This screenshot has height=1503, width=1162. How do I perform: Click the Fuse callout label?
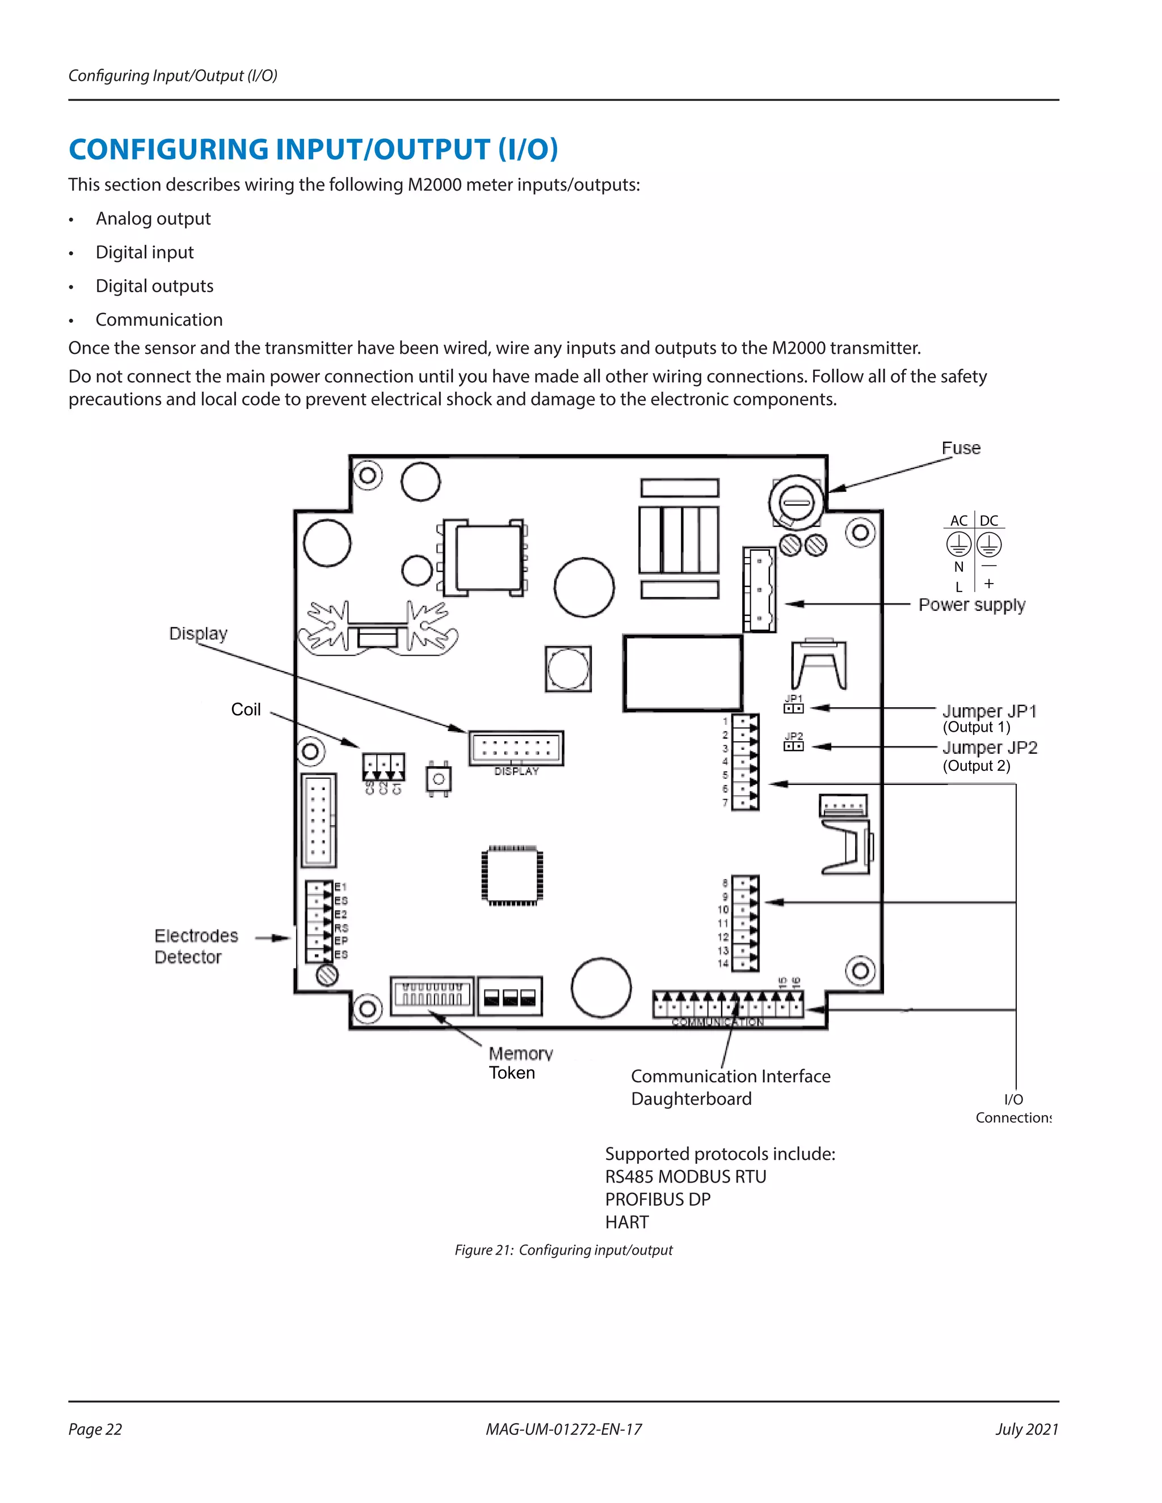click(x=961, y=448)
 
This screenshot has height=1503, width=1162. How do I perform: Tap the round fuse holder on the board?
click(x=797, y=503)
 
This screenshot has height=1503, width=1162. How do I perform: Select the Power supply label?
click(x=971, y=605)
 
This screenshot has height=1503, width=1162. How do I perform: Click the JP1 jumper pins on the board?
click(x=793, y=708)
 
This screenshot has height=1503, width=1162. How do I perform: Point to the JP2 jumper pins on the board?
click(x=793, y=746)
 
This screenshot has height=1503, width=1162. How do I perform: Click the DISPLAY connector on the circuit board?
click(x=516, y=748)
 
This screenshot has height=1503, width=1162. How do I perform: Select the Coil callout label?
click(x=246, y=710)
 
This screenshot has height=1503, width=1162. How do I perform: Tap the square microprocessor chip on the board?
click(x=512, y=875)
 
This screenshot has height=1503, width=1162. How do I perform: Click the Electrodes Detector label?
click(x=196, y=946)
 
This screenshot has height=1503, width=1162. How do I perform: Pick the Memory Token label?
click(x=520, y=1063)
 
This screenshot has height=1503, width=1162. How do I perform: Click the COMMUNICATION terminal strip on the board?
click(x=727, y=1007)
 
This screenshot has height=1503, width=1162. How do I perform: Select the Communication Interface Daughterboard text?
click(x=730, y=1087)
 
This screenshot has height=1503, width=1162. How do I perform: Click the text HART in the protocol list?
click(x=626, y=1222)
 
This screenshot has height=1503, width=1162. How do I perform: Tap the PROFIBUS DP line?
click(x=658, y=1200)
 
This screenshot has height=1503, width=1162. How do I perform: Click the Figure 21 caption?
click(x=563, y=1249)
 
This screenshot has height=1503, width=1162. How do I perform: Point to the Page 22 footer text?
click(x=95, y=1429)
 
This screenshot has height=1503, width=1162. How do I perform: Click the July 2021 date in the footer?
click(x=1026, y=1429)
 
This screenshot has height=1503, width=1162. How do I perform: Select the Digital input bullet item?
click(x=145, y=252)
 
